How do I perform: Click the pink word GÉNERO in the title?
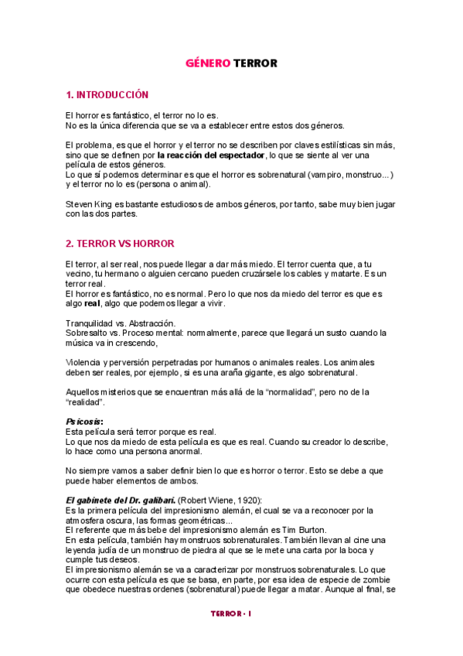tap(207, 63)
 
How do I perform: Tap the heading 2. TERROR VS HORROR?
tap(120, 243)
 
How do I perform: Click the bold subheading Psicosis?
tap(85, 421)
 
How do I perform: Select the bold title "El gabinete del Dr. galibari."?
tap(121, 500)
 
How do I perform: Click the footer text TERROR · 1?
tap(232, 613)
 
